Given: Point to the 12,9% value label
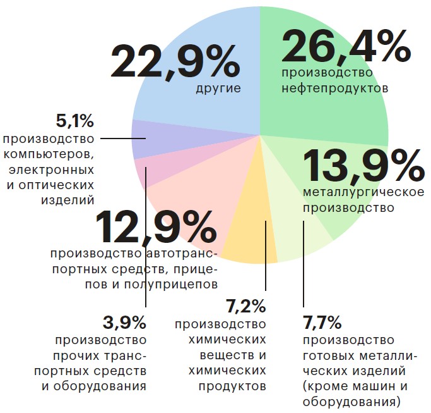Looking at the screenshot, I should (156, 227).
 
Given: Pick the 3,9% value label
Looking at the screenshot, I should (124, 323).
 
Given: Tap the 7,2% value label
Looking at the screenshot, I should (245, 307).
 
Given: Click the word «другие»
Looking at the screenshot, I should (218, 89).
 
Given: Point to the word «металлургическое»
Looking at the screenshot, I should (363, 192).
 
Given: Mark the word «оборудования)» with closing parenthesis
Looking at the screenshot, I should (352, 401).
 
